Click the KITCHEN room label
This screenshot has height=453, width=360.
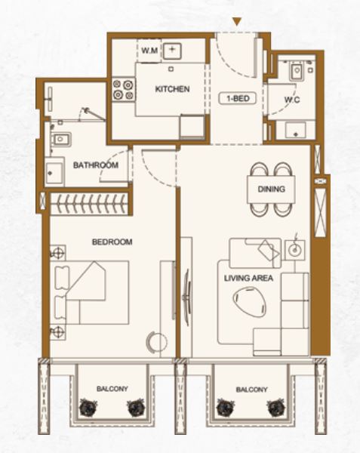(172, 88)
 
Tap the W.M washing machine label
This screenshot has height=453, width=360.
(149, 51)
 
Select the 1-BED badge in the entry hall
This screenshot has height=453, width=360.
(238, 98)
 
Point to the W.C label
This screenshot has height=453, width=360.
(292, 100)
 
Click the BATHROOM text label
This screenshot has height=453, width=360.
(96, 165)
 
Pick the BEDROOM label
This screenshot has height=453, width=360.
(112, 242)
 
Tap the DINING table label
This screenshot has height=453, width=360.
(271, 189)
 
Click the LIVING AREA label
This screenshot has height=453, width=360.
(248, 278)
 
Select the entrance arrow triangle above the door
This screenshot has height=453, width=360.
(237, 21)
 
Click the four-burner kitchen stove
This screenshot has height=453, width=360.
(124, 90)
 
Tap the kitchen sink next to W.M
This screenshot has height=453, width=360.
(172, 51)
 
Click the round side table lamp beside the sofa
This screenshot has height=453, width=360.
(295, 249)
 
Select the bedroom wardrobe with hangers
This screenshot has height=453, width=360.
(89, 204)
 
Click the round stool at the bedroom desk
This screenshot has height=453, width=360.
(157, 341)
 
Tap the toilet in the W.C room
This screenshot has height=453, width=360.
(296, 71)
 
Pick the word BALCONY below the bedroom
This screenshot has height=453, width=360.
(112, 389)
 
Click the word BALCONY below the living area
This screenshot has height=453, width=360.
(252, 390)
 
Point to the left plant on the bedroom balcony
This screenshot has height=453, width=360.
(88, 408)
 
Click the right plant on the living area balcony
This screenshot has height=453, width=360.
(276, 408)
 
